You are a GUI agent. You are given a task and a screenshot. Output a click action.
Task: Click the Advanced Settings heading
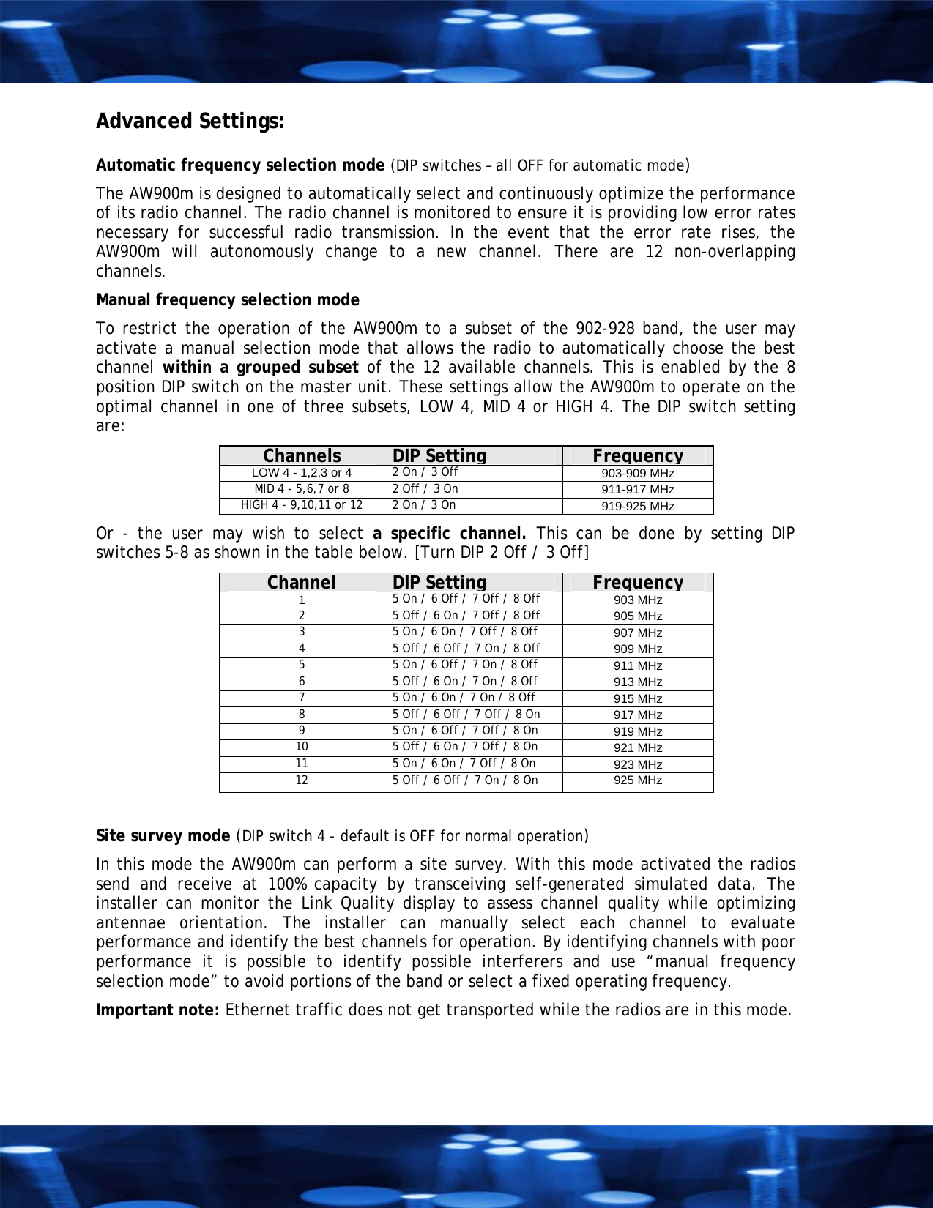click(x=190, y=121)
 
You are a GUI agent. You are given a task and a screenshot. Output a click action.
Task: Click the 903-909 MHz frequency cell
click(x=637, y=473)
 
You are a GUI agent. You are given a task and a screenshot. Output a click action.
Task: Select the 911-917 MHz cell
click(x=637, y=489)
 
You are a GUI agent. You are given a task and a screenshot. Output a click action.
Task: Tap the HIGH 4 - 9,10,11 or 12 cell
click(x=301, y=505)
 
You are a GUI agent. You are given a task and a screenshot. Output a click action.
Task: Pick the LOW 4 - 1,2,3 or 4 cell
click(x=301, y=473)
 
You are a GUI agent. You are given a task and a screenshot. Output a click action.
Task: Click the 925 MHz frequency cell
click(x=637, y=780)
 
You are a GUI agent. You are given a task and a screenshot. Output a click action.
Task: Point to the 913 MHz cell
click(x=637, y=682)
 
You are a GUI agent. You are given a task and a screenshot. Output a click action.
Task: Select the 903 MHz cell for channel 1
click(x=637, y=600)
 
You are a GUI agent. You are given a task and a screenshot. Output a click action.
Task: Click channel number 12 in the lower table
click(x=301, y=780)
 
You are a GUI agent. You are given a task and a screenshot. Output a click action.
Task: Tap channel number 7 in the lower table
click(x=301, y=698)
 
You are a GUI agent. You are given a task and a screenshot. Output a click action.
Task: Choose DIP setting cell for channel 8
click(x=466, y=715)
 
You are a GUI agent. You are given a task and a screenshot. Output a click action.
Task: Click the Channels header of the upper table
click(x=301, y=455)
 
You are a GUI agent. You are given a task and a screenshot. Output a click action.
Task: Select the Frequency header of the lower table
click(x=637, y=582)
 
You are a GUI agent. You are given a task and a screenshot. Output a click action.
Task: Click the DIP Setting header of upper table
click(x=439, y=455)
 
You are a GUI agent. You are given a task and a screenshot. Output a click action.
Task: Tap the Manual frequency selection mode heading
click(x=228, y=300)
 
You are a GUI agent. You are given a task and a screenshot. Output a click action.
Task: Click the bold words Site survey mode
click(x=163, y=836)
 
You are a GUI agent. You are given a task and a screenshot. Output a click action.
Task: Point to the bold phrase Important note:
click(x=157, y=1010)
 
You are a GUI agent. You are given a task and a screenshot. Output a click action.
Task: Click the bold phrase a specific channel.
click(x=449, y=533)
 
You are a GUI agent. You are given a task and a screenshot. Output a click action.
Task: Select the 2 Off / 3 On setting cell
click(x=425, y=489)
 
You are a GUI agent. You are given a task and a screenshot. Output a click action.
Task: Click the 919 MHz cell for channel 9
click(x=637, y=731)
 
